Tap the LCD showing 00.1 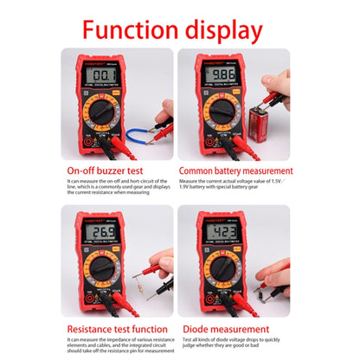(96, 75)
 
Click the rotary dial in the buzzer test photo (98, 112)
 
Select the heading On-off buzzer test (108, 171)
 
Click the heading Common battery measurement (235, 171)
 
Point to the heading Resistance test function (119, 329)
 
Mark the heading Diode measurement (225, 329)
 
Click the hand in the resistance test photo (162, 264)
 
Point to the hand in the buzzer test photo (164, 110)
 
